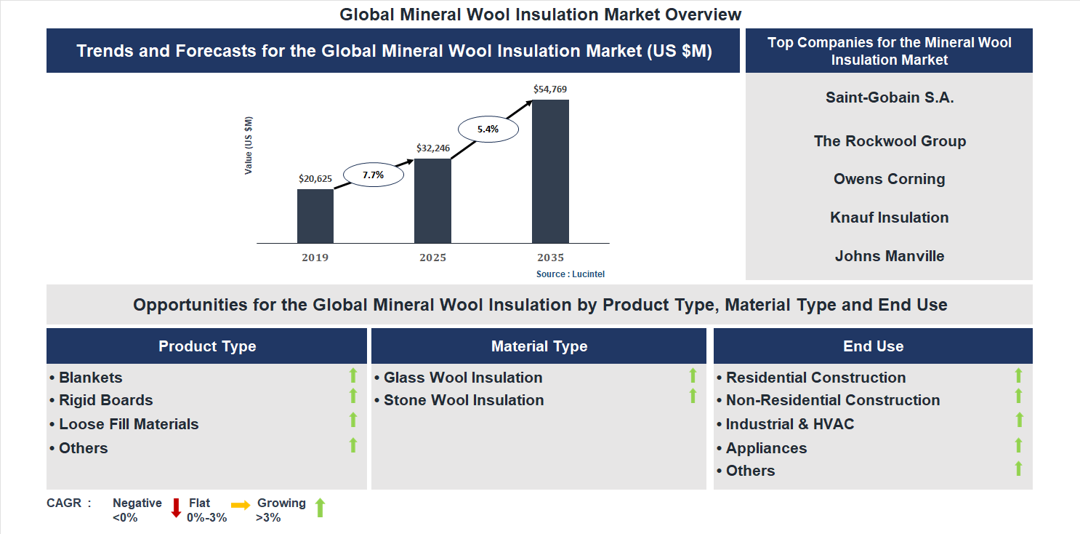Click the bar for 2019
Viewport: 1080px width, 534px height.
(315, 216)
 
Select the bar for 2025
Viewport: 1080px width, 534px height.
(432, 201)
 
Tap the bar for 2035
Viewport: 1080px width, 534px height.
(550, 171)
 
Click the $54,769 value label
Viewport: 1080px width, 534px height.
(549, 89)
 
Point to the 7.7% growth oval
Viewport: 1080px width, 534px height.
(373, 175)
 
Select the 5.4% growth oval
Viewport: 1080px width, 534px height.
(488, 129)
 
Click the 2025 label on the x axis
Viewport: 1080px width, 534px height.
(432, 258)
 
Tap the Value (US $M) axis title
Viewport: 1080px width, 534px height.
(249, 146)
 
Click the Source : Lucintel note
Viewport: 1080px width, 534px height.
(571, 274)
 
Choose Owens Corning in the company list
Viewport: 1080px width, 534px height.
(889, 179)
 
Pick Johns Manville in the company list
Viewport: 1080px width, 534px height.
(889, 256)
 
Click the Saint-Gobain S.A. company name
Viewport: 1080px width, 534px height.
(889, 97)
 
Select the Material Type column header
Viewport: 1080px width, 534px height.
(539, 346)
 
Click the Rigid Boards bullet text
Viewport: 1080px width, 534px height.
(105, 400)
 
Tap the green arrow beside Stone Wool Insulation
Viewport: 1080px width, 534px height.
(693, 396)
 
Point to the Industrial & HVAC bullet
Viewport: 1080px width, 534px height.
(789, 424)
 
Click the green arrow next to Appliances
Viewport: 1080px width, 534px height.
(1018, 445)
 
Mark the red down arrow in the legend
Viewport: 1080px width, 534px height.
(176, 508)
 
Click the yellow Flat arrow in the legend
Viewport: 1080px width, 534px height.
(241, 504)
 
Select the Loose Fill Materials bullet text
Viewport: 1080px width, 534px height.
(129, 424)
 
